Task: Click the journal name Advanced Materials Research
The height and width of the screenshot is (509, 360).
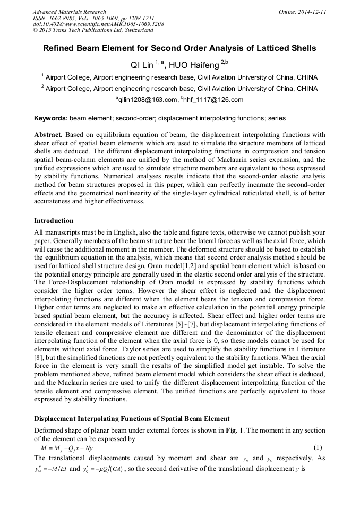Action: click(x=69, y=12)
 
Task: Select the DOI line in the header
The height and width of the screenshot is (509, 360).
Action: click(x=98, y=24)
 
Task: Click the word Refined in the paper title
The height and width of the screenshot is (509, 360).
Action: click(x=61, y=48)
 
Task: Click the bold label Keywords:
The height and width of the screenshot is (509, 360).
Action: click(x=50, y=118)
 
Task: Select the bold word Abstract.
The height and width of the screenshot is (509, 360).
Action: click(x=49, y=135)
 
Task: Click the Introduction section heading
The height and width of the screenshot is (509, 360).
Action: click(x=54, y=221)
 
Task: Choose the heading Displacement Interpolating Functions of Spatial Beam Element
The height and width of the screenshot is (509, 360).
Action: click(x=132, y=419)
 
